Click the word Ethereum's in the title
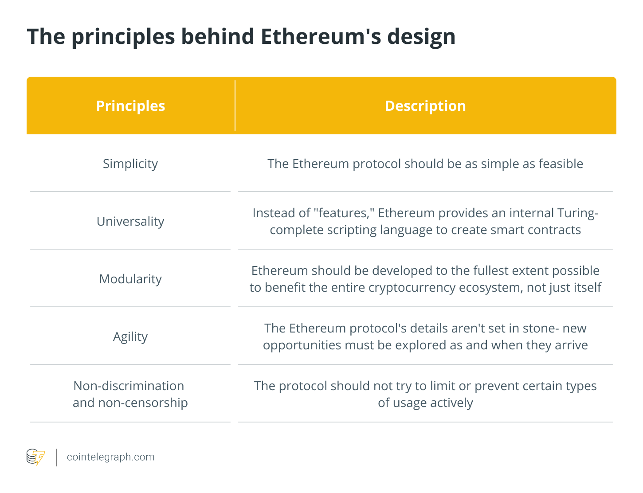321,36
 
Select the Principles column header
130,106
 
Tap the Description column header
425,106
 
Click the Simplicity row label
130,164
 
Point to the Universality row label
130,221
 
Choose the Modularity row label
130,279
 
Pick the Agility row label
130,337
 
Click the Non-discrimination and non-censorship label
130,394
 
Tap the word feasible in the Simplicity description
561,164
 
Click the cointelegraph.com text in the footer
110,457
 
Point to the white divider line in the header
235,106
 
